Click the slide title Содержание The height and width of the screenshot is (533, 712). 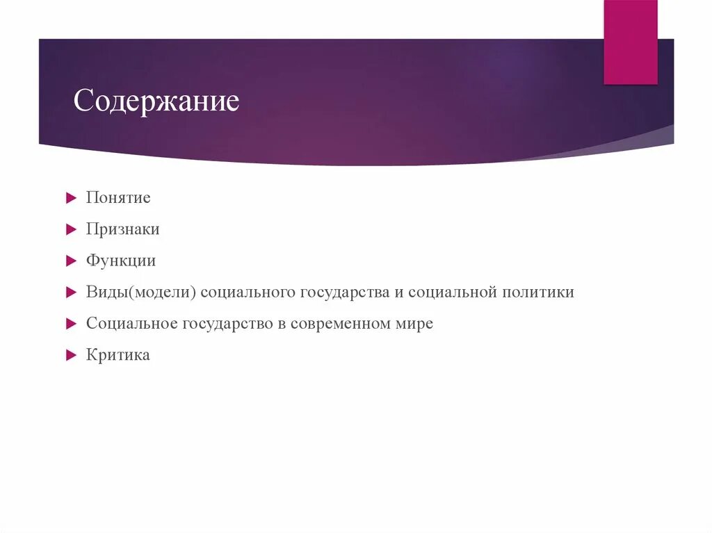coord(156,101)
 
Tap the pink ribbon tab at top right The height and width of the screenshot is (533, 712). coord(630,42)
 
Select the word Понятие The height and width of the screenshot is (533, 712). coord(118,197)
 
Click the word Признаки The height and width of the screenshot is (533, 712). coord(123,229)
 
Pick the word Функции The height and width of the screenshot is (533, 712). coord(121,261)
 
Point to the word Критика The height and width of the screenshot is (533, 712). coord(118,355)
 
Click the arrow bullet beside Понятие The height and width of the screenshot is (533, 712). coord(70,198)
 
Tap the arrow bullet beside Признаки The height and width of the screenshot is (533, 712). coord(70,229)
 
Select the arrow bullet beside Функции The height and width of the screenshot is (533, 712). coord(70,261)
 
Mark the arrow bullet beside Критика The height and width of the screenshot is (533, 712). coord(70,356)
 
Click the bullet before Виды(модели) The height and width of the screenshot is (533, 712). coord(70,293)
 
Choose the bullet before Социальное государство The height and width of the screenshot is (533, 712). coord(70,325)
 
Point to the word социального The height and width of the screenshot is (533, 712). coord(248,293)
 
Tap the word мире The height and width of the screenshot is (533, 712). coord(416,325)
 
